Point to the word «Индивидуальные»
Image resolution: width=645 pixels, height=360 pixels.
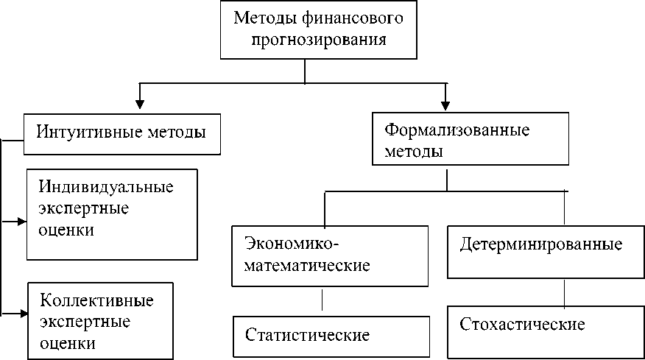(x=106, y=186)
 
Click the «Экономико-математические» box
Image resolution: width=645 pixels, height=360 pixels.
(x=328, y=255)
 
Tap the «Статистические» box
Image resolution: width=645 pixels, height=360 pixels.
(x=331, y=336)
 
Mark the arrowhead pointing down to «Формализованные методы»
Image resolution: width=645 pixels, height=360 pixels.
(x=445, y=102)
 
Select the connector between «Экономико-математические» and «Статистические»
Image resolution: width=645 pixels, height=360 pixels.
(x=322, y=301)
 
